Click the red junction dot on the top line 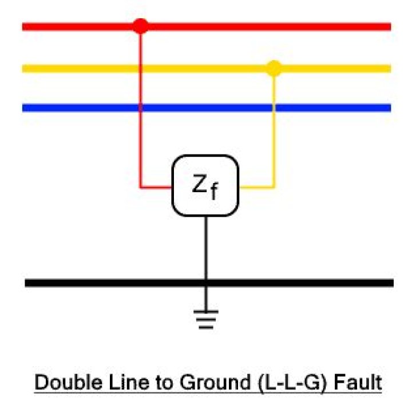coord(140,26)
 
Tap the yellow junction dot coord(275,69)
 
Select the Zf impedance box coord(205,186)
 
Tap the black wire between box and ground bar coord(205,246)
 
